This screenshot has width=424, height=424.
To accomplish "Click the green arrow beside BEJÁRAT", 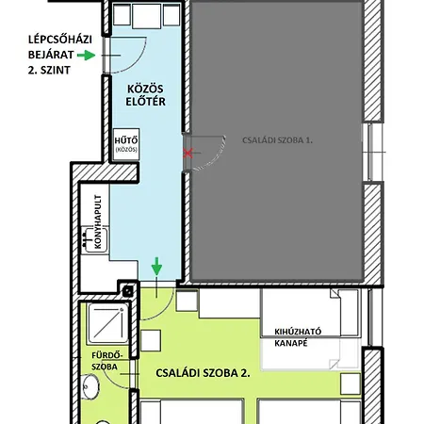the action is pos(86,56).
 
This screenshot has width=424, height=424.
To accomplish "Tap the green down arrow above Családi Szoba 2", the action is pos(156,267).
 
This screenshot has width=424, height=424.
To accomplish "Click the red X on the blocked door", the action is pos(188,154).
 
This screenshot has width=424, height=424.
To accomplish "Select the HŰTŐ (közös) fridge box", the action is pos(126,144).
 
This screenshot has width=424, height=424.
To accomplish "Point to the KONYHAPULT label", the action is pos(98,221).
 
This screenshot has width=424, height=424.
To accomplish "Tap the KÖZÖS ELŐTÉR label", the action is pos(145,95).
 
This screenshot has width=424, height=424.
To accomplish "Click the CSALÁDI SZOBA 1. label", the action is pos(277,140).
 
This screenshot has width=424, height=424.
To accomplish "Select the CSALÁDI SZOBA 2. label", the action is pos(203,373).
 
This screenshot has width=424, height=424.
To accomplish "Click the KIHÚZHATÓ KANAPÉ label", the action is pos(298,337).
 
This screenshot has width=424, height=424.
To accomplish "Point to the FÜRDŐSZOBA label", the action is pos(106,361).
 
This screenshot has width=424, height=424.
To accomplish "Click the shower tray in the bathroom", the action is pos(107,323).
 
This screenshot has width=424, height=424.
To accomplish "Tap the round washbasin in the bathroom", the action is pos(90,386).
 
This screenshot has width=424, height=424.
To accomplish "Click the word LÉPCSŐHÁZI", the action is pos(60,40).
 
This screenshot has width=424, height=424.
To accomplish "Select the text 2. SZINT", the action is pos(49,70).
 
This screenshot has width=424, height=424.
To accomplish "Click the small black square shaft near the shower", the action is pos(128,291).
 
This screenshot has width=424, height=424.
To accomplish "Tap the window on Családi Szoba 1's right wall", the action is pos(373,152).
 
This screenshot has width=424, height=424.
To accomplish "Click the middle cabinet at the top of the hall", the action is pos(147,16).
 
